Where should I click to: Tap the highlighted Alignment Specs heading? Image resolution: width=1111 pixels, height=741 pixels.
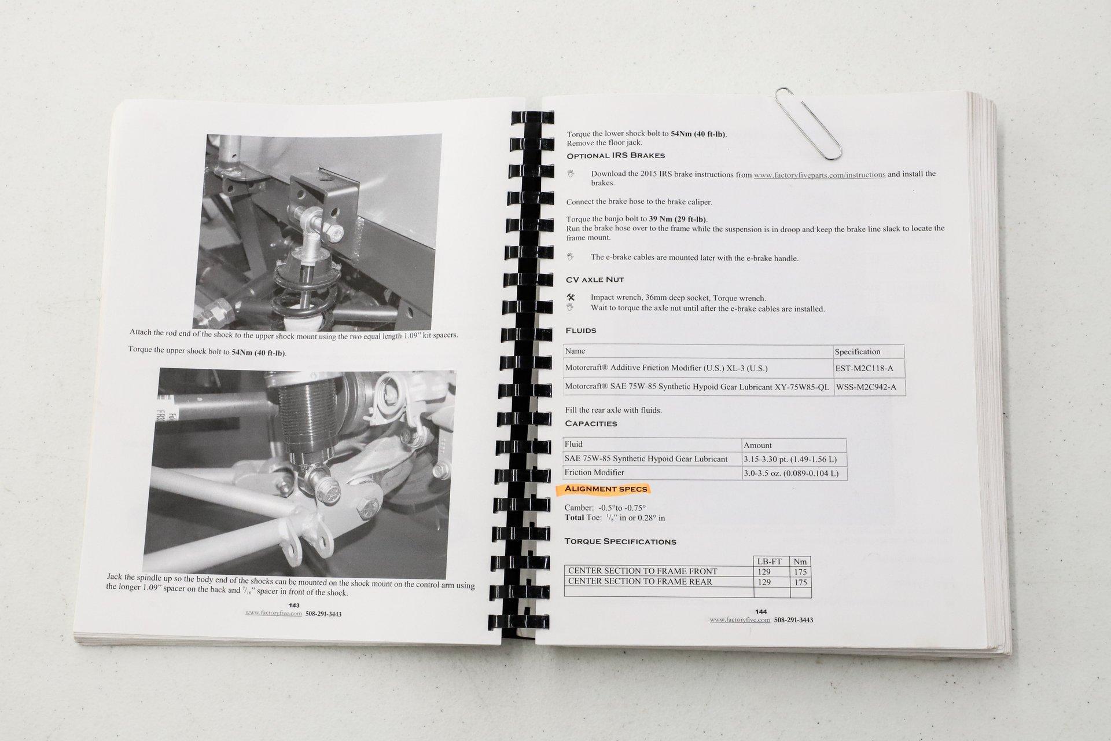pos(606,489)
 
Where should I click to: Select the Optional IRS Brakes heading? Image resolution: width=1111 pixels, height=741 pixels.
pos(616,156)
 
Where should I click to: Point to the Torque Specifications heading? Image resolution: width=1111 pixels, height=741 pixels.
pos(621,542)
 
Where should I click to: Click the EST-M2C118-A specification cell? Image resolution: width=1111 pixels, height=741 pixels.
pos(868,368)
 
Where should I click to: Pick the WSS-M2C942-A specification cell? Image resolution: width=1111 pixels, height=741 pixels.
pos(869,387)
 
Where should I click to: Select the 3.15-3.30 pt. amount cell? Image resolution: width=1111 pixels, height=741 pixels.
pos(794,459)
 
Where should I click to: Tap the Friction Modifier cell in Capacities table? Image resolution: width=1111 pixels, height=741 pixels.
pos(594,472)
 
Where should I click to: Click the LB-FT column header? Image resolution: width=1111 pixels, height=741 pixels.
pos(770,562)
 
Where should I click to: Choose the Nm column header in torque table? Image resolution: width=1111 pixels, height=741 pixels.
pos(800,562)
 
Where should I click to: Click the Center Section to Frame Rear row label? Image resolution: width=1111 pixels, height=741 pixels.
pos(640,582)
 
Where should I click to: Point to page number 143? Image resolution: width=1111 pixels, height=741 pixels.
pos(294,606)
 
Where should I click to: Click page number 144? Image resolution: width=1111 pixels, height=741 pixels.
pos(761,612)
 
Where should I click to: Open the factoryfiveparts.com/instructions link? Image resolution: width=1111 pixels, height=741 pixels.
pos(819,174)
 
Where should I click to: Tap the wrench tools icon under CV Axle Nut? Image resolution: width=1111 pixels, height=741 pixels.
pos(571,298)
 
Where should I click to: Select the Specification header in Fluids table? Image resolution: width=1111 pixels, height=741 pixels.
pos(857,351)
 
